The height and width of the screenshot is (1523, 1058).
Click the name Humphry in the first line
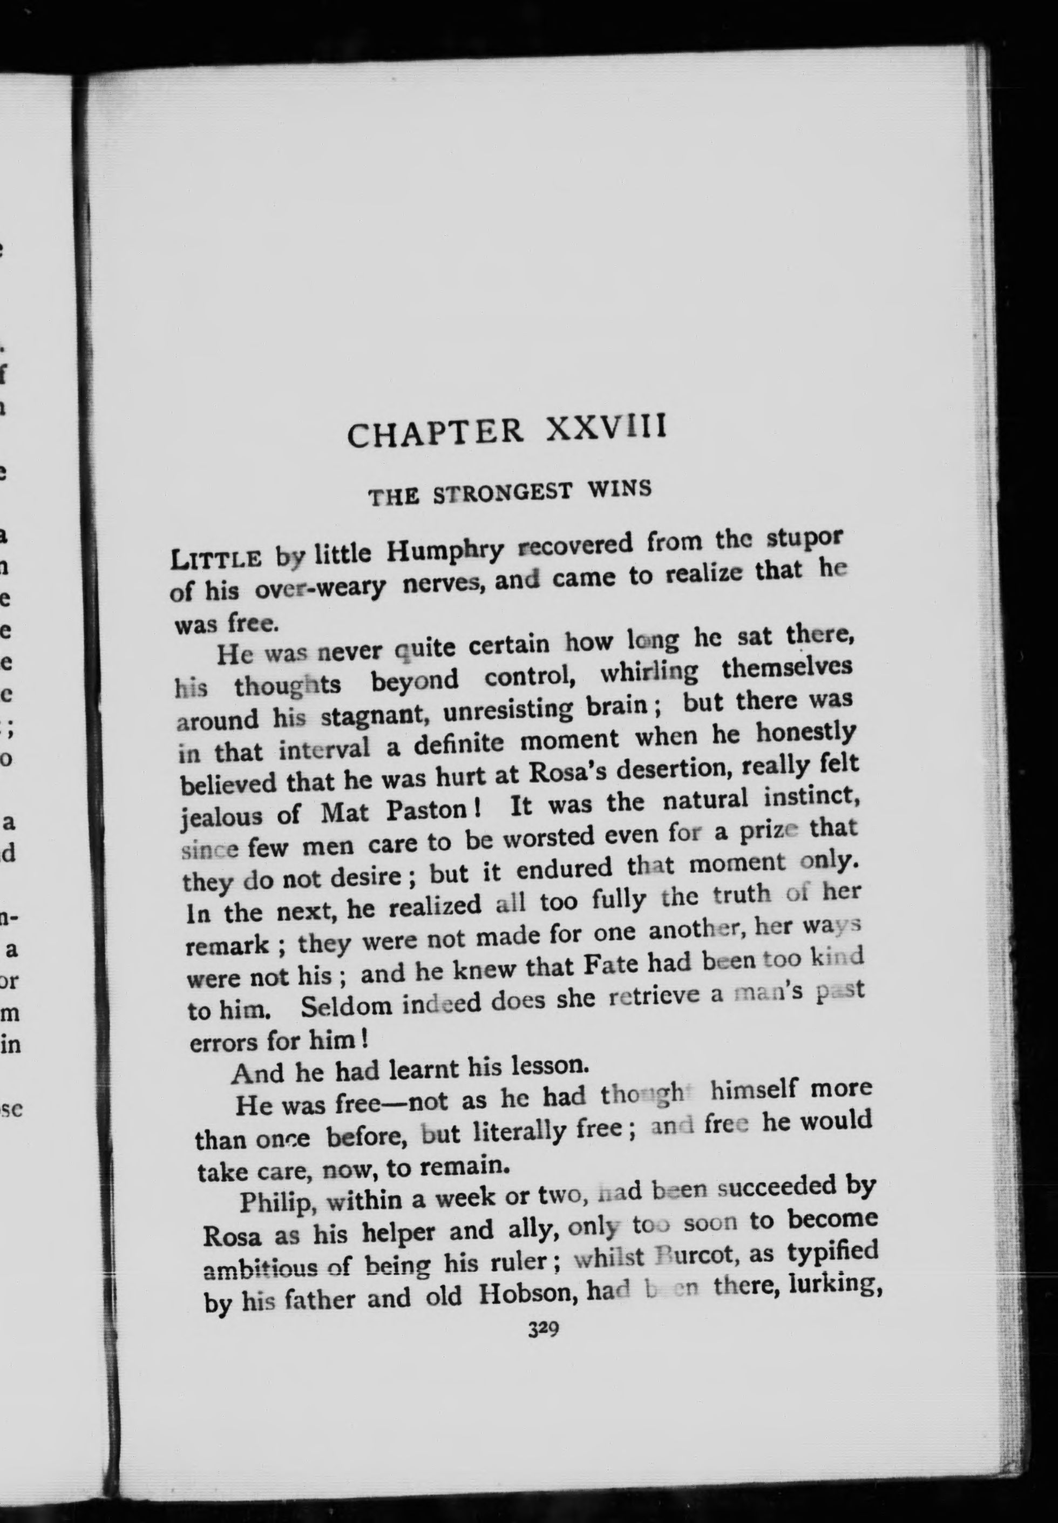445,550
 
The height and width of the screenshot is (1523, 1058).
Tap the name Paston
427,811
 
